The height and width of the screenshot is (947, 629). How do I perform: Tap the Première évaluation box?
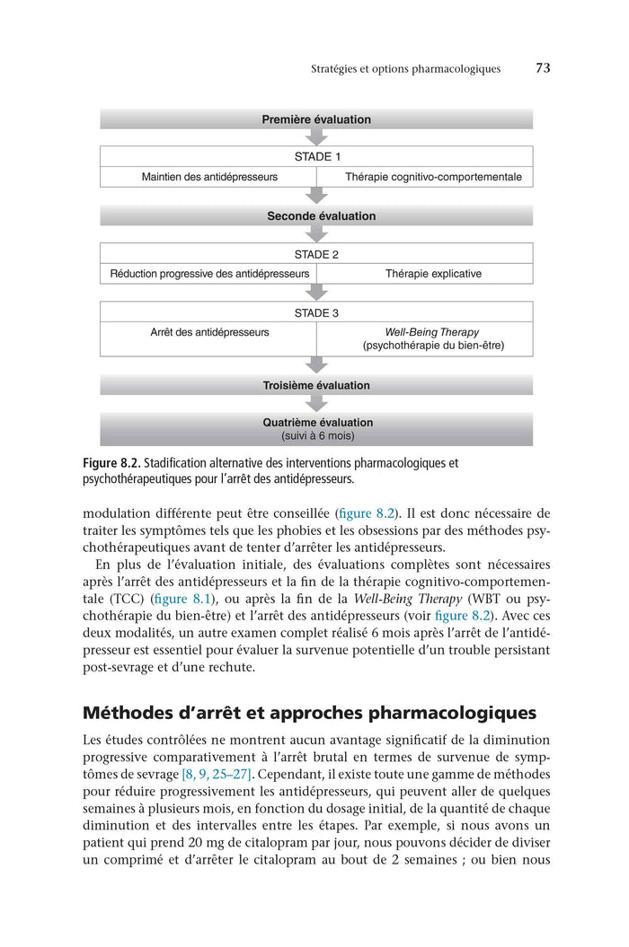coord(316,119)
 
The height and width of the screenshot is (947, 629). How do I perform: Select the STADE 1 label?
coord(316,156)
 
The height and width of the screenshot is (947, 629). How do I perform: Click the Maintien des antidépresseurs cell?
coord(209,177)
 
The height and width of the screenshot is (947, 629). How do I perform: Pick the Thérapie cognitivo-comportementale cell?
coord(433,177)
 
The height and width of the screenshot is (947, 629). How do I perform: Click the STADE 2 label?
coord(316,254)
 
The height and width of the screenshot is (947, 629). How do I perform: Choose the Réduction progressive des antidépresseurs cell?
coord(209,274)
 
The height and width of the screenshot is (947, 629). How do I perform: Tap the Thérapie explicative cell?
coord(433,274)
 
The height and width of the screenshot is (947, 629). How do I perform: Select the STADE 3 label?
coord(316,313)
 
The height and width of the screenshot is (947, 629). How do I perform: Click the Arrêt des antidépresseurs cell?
coord(209,332)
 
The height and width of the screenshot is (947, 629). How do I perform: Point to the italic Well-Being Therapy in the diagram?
coord(432,332)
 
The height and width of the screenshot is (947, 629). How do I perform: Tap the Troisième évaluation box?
coord(316,385)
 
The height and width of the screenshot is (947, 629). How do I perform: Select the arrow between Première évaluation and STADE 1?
coord(316,137)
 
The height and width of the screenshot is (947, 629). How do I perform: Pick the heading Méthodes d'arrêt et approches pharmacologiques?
coord(309,714)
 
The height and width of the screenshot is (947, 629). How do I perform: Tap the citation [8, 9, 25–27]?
coord(216,774)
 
